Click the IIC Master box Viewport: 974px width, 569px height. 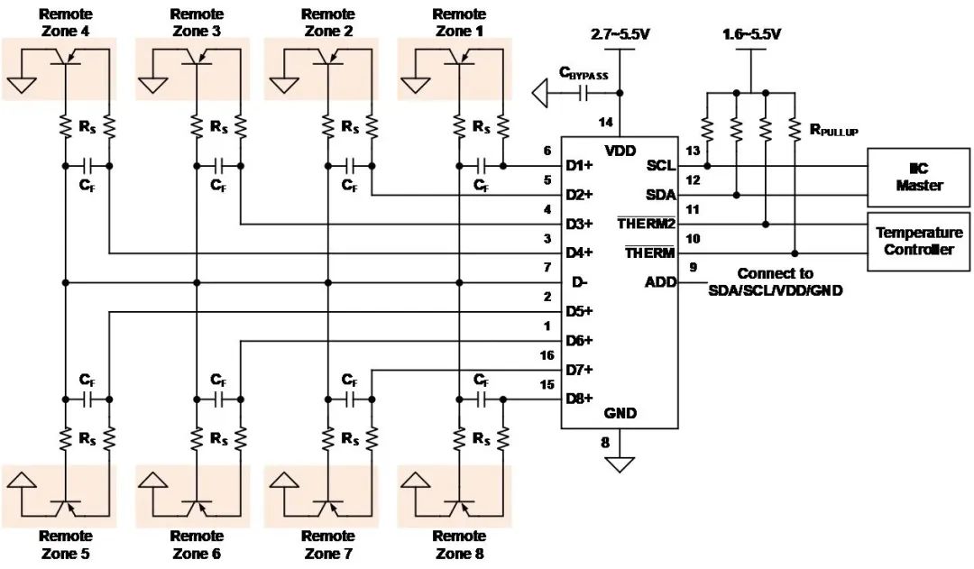[918, 177]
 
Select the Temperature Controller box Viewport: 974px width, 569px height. [918, 241]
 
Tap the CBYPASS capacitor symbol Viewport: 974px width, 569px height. [583, 93]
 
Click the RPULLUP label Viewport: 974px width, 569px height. [834, 130]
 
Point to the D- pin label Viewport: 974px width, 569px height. [579, 282]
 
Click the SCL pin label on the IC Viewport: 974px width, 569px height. [660, 165]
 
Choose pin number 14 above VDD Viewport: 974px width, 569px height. [606, 123]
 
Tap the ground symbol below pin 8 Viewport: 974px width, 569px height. [620, 464]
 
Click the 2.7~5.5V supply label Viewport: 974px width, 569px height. [620, 34]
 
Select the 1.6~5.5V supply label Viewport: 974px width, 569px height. [751, 34]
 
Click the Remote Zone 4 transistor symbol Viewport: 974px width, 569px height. [65, 57]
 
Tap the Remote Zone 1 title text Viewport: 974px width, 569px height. [459, 23]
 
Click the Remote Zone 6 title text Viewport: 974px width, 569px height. [197, 545]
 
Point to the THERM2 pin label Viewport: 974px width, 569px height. [646, 224]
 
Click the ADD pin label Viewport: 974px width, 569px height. [660, 282]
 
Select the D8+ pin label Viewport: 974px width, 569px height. [579, 399]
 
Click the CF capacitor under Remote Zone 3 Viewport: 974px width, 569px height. [218, 166]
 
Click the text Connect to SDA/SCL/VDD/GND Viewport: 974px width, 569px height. [776, 282]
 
